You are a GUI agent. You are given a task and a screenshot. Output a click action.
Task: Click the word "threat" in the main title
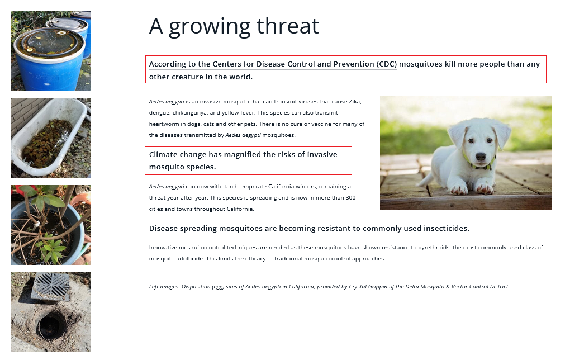(288, 26)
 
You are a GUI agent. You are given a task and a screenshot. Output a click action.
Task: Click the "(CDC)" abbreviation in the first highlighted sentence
(387, 64)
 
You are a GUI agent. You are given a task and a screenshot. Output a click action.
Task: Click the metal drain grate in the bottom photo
(50, 286)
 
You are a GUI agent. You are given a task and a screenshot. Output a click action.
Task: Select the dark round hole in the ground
(51, 324)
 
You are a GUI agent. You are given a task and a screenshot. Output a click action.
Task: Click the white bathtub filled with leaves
(49, 137)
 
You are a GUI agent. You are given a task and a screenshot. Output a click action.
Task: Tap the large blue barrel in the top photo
(49, 59)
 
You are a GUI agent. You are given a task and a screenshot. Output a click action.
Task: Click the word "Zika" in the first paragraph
(354, 102)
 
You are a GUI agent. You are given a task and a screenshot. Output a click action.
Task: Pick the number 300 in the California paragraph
(350, 198)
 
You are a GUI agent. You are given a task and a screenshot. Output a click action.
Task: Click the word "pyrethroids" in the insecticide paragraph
(434, 248)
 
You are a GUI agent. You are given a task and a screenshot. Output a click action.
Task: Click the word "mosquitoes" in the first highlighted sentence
(421, 64)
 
